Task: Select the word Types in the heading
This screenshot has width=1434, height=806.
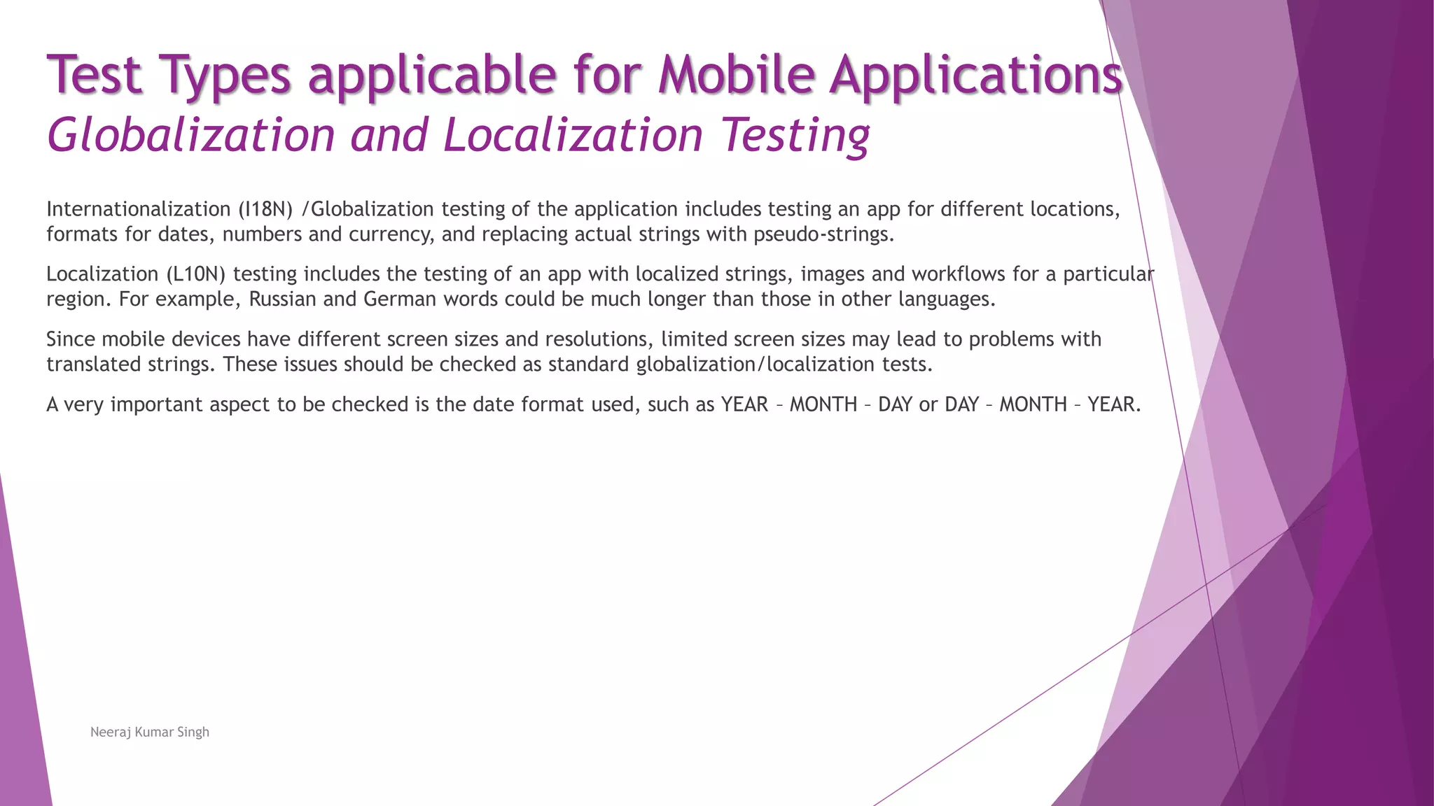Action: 224,76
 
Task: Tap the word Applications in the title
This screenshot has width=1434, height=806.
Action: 977,76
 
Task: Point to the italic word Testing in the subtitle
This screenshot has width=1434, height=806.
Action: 795,136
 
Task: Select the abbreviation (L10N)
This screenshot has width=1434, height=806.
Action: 195,274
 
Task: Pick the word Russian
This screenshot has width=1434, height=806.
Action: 282,299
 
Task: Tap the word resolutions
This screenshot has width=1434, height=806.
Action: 599,339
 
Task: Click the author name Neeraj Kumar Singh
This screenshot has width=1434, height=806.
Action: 150,732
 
